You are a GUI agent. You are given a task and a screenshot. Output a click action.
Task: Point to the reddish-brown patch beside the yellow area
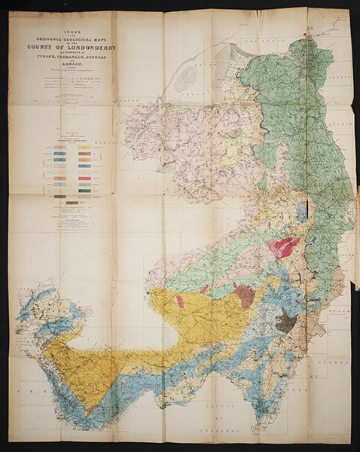[243, 293]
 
